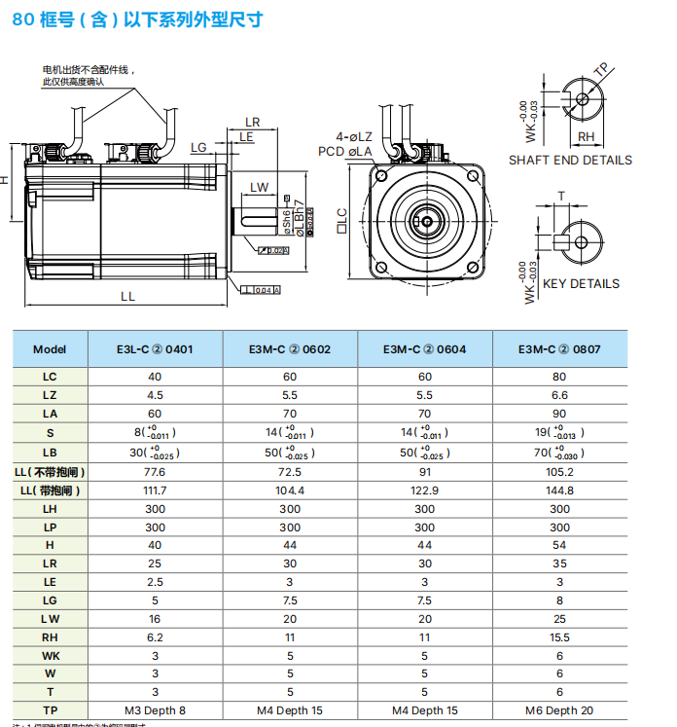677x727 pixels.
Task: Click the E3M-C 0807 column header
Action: [x=559, y=348]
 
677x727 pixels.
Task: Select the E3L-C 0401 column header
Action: [x=155, y=348]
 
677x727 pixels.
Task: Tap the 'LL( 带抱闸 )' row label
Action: [x=50, y=491]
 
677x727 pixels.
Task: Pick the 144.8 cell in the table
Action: [x=559, y=491]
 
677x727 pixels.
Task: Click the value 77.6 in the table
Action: [x=155, y=472]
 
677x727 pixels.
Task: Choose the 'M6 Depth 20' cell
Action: [x=559, y=710]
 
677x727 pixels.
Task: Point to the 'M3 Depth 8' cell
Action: [x=155, y=710]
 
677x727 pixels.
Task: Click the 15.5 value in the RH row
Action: [x=559, y=637]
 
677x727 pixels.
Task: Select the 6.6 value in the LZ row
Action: [x=559, y=395]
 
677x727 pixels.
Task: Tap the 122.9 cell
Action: [x=424, y=491]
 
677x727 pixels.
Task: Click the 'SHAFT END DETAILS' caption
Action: [x=570, y=161]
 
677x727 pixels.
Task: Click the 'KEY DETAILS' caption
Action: [x=581, y=284]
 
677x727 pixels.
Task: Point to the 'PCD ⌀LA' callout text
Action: [x=345, y=152]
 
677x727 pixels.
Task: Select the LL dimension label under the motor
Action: [x=127, y=297]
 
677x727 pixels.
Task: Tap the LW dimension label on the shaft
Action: [x=259, y=187]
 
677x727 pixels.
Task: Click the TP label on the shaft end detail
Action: [x=601, y=69]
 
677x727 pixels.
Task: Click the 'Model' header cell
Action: [x=50, y=348]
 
